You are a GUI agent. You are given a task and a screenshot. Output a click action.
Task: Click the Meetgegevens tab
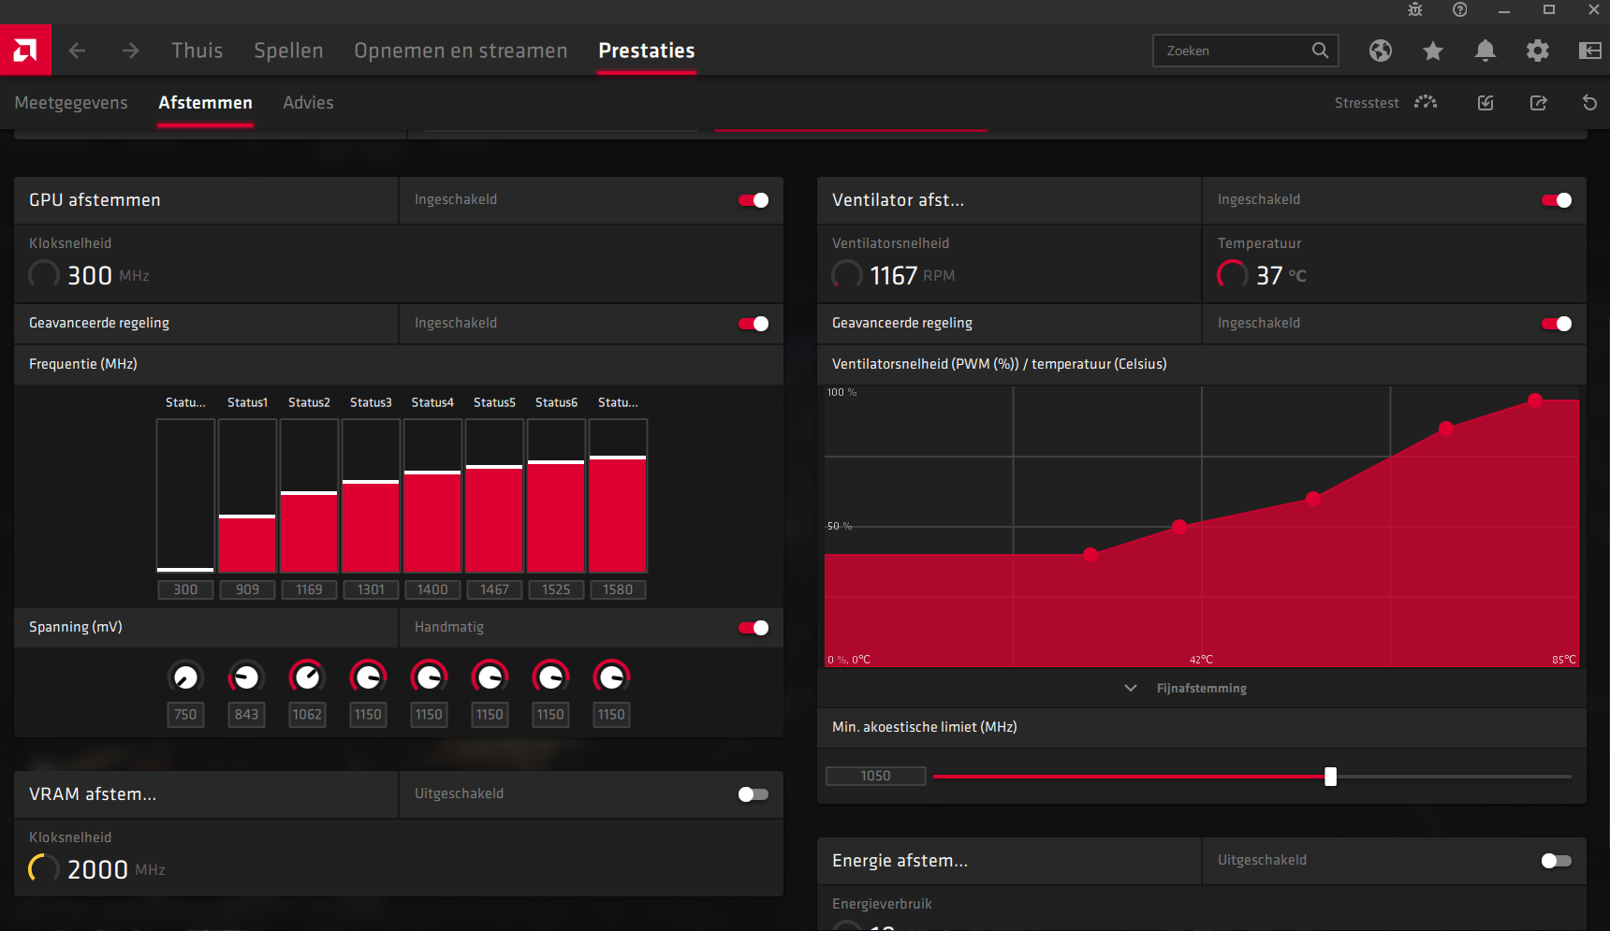click(x=71, y=103)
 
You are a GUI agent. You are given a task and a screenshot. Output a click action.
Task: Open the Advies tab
click(x=308, y=103)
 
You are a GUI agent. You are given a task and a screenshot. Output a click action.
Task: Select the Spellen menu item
click(x=288, y=51)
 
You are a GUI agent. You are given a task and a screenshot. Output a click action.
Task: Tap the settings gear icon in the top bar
click(x=1537, y=51)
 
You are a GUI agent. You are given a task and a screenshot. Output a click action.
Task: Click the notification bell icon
click(x=1485, y=51)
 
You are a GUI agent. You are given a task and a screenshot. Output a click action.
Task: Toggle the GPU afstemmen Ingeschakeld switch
click(x=754, y=200)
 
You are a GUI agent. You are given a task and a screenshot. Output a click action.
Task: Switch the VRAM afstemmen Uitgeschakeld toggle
click(x=754, y=794)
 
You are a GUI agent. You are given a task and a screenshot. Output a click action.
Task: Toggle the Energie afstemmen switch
click(x=1557, y=861)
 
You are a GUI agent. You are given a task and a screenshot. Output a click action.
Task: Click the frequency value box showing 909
click(x=247, y=589)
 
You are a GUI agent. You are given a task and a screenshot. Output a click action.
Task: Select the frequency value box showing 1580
click(x=618, y=589)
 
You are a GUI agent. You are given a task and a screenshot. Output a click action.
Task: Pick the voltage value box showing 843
click(x=246, y=715)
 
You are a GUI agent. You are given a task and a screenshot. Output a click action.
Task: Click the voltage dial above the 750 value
click(x=185, y=676)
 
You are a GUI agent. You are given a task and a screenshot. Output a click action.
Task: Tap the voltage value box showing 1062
click(x=307, y=715)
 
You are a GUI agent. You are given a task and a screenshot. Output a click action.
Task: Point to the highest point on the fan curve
click(x=1535, y=400)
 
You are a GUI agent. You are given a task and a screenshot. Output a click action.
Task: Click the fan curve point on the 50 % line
click(x=1179, y=527)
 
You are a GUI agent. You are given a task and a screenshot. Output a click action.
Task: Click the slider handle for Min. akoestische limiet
click(x=1330, y=777)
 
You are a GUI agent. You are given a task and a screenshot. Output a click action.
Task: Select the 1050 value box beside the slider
click(x=876, y=776)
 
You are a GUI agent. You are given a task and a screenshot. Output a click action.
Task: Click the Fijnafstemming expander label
click(x=1202, y=689)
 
